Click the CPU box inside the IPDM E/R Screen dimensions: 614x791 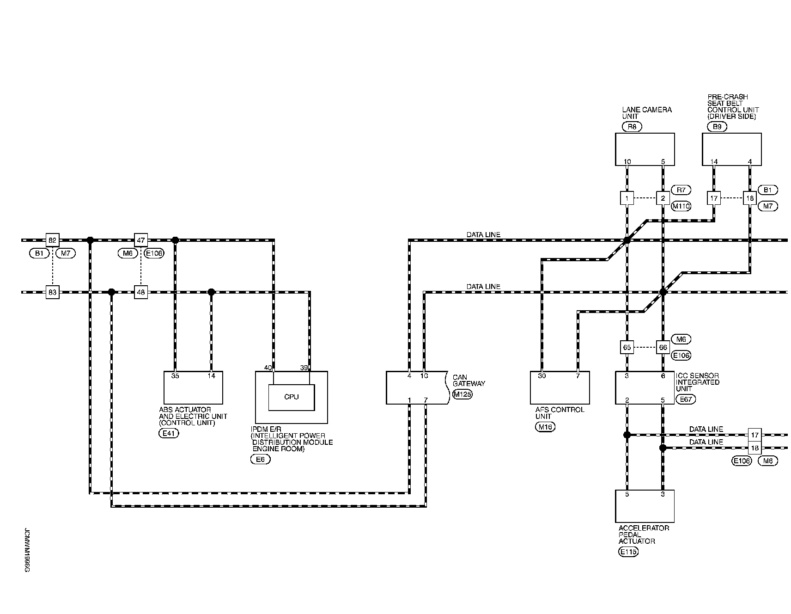pos(292,397)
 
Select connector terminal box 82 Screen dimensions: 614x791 pos(52,240)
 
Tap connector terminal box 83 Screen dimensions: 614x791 pos(52,292)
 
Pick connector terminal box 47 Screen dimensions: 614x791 pos(141,240)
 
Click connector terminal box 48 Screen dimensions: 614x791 pos(141,292)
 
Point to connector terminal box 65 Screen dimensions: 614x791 pos(627,347)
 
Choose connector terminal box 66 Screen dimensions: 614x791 pos(663,347)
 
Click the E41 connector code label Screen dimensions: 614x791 pos(168,433)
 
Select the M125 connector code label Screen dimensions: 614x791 pos(462,394)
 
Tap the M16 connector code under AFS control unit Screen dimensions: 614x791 pos(545,427)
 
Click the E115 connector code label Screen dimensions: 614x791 pos(628,551)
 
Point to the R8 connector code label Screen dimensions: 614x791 pos(632,126)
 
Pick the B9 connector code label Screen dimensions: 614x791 pos(717,126)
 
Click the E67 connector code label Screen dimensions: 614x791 pos(685,399)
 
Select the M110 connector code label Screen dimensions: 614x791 pos(681,206)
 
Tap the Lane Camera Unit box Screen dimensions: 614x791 pos(645,149)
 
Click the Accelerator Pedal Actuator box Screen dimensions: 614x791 pos(645,506)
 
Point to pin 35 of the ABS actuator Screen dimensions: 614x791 pos(175,376)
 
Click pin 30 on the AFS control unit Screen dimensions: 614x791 pos(542,376)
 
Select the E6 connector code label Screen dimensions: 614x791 pos(260,459)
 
